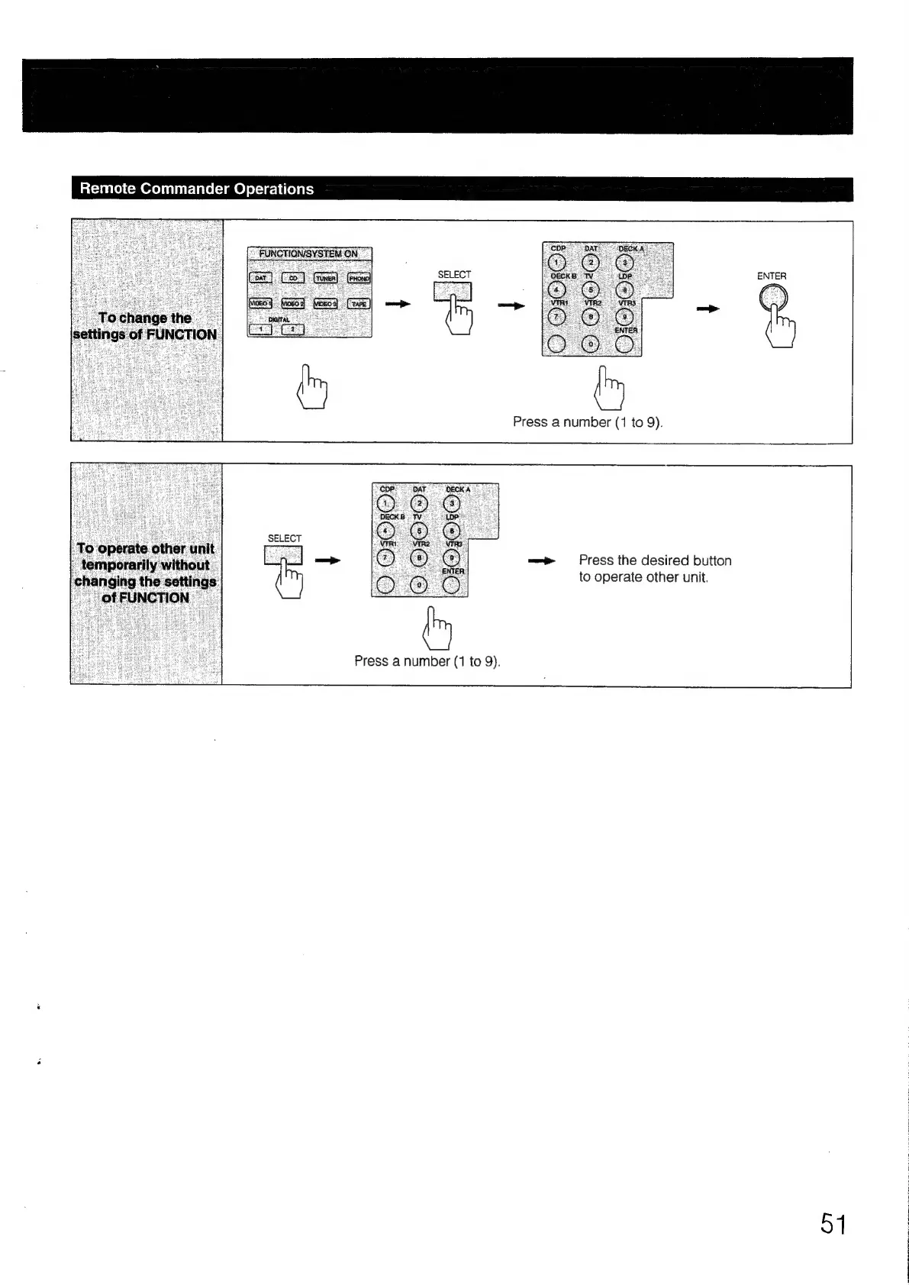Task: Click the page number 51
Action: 833,1224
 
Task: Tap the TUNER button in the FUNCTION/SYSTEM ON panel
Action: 326,279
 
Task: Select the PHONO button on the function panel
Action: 359,279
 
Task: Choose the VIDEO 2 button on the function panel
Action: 293,304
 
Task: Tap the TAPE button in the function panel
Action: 359,304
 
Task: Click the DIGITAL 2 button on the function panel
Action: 292,329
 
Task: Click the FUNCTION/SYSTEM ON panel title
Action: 308,254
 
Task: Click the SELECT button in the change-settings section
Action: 453,292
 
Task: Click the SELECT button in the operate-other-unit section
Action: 283,555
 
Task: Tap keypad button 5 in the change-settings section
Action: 591,290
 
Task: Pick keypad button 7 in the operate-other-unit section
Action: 386,558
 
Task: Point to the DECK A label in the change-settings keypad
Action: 630,248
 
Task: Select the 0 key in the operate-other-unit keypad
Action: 419,586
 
